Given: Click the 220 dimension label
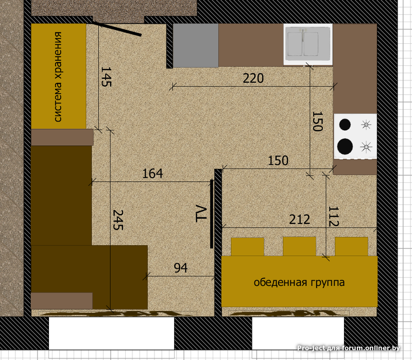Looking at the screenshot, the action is coord(253,78).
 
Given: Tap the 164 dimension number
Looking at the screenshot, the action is coord(152,174).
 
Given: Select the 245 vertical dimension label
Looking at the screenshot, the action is coord(118,220).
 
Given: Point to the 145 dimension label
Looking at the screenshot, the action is coord(106,77).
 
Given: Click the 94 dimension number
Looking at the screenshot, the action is coord(181,268).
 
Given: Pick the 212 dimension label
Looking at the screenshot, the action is coord(300,219).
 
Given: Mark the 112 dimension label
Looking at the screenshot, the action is coord(333,216).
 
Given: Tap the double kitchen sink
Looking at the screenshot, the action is coord(308,44).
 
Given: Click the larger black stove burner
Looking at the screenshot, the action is coord(345,146).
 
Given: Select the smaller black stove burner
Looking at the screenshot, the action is coord(345,125).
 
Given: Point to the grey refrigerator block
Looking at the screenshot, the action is coord(196,45).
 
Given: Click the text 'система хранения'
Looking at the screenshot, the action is coord(58,77).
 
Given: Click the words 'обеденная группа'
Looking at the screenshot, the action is coord(299,282).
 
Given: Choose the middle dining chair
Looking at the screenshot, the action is coord(299,247).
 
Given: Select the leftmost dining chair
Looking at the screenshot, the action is coord(247,247).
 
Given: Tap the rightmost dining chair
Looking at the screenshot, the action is coord(351,247).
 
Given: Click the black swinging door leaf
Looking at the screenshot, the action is coord(117,29).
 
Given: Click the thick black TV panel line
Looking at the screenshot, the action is coord(212,214).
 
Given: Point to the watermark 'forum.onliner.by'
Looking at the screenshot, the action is coord(371,348).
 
